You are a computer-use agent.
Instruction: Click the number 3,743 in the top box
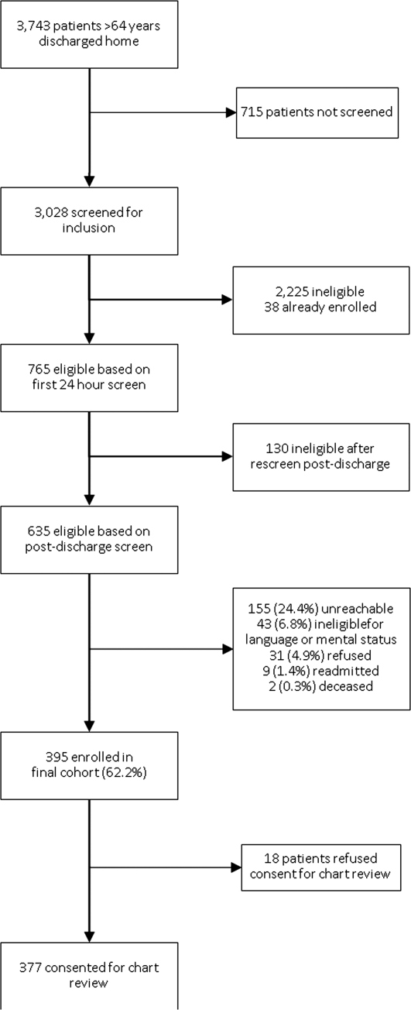[33, 26]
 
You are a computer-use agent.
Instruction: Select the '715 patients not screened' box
[317, 113]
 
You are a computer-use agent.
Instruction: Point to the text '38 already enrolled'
[320, 307]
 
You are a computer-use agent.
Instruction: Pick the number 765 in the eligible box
[39, 369]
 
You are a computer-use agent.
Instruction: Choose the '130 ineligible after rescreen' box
[321, 457]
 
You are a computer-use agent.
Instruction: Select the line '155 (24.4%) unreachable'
[320, 609]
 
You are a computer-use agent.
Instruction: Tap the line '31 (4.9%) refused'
[320, 655]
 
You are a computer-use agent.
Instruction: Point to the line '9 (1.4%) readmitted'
[320, 671]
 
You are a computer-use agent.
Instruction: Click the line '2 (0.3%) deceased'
[320, 686]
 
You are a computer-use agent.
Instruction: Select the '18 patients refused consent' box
[321, 867]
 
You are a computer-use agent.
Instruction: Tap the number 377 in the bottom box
[30, 967]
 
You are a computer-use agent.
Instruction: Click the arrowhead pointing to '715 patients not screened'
[231, 112]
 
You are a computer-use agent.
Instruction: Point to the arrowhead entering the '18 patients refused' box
[236, 867]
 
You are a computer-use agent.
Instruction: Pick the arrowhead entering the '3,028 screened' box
[89, 182]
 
